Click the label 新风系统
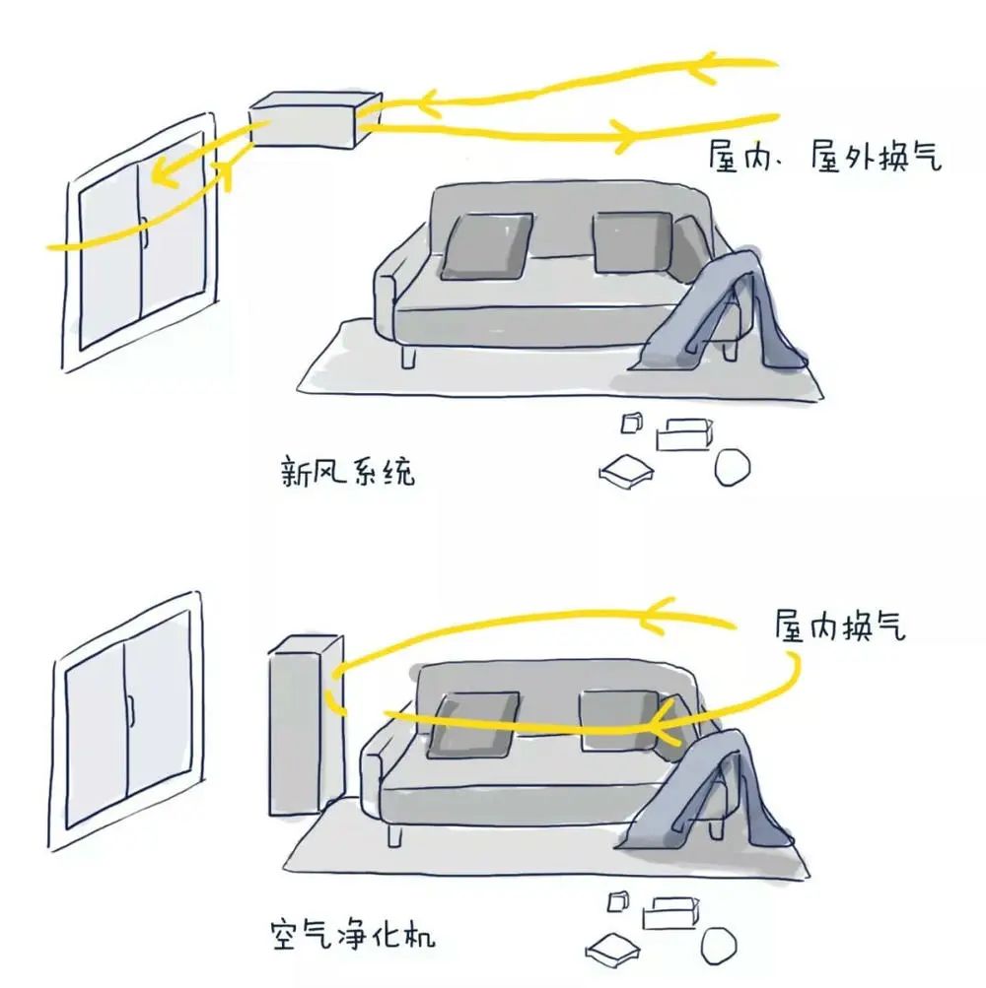click(x=348, y=471)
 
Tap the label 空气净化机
click(x=352, y=935)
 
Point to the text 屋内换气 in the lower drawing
click(x=840, y=626)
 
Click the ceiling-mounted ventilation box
click(x=315, y=120)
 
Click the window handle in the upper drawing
click(x=145, y=232)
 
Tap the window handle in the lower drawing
click(x=132, y=711)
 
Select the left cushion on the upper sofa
click(x=486, y=246)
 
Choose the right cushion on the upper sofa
click(x=633, y=242)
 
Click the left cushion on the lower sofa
click(x=473, y=725)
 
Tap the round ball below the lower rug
click(x=719, y=946)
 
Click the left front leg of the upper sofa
click(x=408, y=358)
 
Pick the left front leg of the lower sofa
click(x=395, y=835)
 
